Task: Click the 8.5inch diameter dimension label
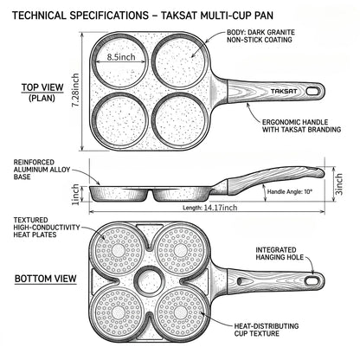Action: click(x=121, y=57)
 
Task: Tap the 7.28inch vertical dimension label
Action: click(x=75, y=90)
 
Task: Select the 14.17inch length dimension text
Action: click(x=221, y=208)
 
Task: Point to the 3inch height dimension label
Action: click(x=339, y=184)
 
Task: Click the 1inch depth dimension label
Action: click(x=75, y=195)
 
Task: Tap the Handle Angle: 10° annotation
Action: click(x=290, y=191)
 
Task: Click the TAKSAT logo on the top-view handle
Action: click(x=284, y=92)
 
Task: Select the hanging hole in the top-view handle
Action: click(x=312, y=91)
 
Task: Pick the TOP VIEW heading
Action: click(x=42, y=87)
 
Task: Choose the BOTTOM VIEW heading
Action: click(x=46, y=279)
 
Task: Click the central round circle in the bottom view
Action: click(x=150, y=280)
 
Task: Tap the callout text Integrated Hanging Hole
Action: click(x=280, y=254)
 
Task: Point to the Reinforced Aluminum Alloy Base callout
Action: click(x=42, y=170)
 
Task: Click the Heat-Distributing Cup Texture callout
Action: click(x=267, y=330)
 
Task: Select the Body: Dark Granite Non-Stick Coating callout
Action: click(x=260, y=36)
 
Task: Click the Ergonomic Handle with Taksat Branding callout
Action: click(x=301, y=126)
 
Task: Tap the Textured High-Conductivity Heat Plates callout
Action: click(x=47, y=228)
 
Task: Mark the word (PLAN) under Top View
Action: click(x=42, y=98)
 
